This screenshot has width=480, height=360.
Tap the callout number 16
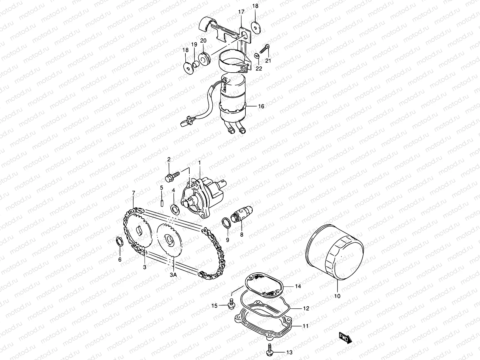[261, 106]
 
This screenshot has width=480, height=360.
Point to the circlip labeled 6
[119, 241]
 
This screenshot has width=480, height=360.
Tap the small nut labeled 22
[256, 55]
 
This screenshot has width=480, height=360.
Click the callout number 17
[241, 12]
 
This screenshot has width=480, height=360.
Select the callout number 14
[298, 286]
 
